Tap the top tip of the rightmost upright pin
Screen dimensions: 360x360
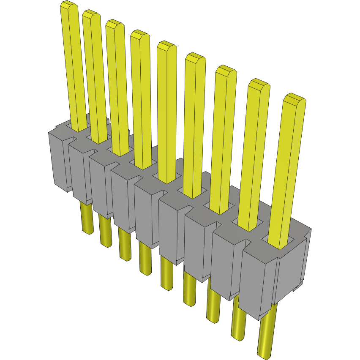294,99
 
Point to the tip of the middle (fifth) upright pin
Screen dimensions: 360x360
166,46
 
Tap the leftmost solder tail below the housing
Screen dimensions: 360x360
86,218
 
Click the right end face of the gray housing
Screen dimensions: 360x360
292,270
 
